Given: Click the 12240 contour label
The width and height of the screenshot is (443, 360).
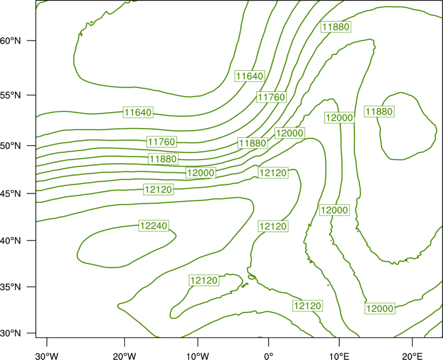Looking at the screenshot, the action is point(154,225).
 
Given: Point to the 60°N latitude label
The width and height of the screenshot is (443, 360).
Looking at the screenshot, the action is point(11,41).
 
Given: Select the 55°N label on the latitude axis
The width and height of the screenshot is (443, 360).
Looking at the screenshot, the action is point(11,95).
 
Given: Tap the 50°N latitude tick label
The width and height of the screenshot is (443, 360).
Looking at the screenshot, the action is point(11,146).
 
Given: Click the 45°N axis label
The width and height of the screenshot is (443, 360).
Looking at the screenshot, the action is point(11,193).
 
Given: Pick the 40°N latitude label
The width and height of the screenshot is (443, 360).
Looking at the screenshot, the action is point(11,241).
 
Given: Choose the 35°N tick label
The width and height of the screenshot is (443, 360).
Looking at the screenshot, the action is point(11,287).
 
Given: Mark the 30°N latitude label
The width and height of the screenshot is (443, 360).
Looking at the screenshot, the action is point(11,333).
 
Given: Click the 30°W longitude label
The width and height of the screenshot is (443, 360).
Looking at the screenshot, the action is point(47,356).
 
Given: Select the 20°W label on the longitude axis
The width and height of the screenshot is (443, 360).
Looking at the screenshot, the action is point(125,356).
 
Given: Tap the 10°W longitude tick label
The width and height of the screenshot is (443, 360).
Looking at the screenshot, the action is point(198,356).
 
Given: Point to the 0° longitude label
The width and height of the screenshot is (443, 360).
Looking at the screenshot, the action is point(269,356).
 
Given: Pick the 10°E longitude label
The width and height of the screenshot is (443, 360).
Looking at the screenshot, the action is point(339,356).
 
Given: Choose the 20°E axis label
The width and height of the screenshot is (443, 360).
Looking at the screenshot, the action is point(412,356).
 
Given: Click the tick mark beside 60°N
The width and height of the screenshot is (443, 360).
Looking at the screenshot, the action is point(32,40).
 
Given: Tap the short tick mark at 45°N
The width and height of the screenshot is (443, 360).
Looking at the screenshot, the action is point(32,193).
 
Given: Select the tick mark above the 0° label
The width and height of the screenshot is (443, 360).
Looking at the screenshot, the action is point(269,342).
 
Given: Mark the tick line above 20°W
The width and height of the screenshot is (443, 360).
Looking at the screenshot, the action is point(125,342).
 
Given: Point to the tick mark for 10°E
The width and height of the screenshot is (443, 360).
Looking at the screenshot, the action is point(339,342).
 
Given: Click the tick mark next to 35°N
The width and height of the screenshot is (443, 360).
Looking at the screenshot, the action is point(32,287).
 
